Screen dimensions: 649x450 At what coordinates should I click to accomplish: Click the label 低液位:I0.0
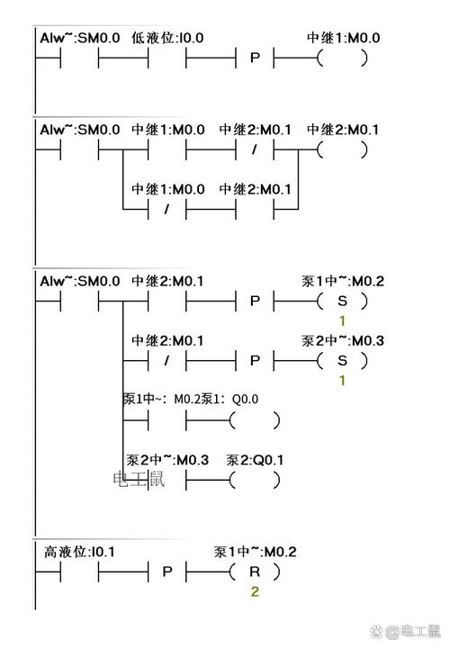(x=167, y=38)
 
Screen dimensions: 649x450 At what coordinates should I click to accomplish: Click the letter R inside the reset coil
(x=254, y=572)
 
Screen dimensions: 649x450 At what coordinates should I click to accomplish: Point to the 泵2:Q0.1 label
(x=256, y=460)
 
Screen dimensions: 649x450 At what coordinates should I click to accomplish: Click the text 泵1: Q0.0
(x=229, y=399)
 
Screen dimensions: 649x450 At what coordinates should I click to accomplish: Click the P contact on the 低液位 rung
(x=254, y=59)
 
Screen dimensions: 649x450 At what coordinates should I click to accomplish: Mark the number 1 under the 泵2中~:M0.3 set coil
(x=342, y=380)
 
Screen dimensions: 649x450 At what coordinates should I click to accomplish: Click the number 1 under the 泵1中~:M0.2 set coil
(x=342, y=321)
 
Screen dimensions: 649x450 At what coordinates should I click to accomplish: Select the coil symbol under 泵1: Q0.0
(x=255, y=420)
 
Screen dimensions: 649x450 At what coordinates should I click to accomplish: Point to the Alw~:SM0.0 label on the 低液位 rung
(x=79, y=38)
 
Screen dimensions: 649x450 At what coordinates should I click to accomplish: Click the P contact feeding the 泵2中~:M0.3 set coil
(x=254, y=360)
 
